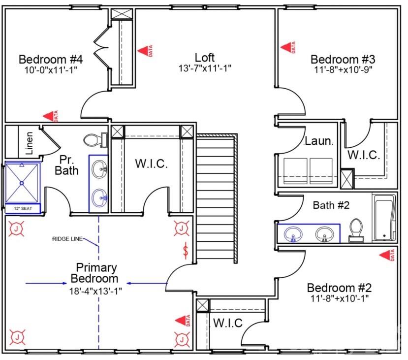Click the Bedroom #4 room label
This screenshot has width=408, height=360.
click(x=50, y=59)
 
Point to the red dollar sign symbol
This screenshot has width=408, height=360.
click(x=186, y=250)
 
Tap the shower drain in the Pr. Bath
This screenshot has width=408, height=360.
click(x=22, y=183)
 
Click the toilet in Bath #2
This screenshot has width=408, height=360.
click(x=356, y=230)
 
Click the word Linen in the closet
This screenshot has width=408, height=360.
click(x=30, y=143)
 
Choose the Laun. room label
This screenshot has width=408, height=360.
click(x=319, y=141)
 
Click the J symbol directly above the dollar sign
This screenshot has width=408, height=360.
click(x=182, y=228)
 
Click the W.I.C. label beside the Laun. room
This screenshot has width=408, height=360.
click(x=364, y=155)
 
